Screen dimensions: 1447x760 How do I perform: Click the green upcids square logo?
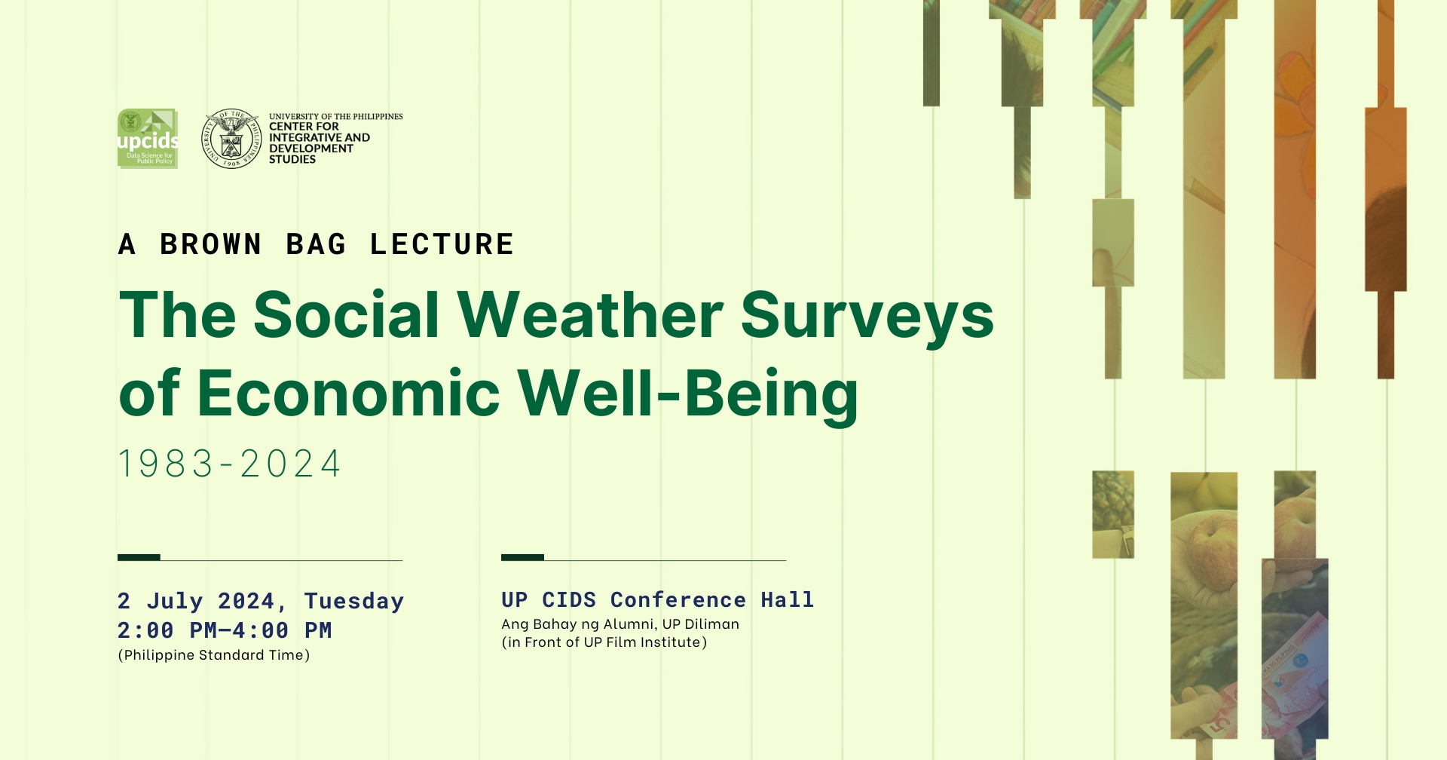pyautogui.click(x=148, y=138)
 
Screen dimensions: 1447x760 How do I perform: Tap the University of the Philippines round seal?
pyautogui.click(x=231, y=138)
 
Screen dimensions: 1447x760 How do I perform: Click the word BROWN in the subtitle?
pyautogui.click(x=211, y=244)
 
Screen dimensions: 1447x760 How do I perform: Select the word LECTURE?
pyautogui.click(x=442, y=244)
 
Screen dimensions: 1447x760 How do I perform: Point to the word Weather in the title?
pyautogui.click(x=590, y=314)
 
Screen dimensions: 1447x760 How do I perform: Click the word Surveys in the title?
pyautogui.click(x=867, y=318)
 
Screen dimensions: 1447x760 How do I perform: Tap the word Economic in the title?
pyautogui.click(x=348, y=393)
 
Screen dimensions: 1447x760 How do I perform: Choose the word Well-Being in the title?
pyautogui.click(x=688, y=395)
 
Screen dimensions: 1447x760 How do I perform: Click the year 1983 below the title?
pyautogui.click(x=166, y=464)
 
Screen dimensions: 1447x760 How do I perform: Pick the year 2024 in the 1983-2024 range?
pyautogui.click(x=291, y=464)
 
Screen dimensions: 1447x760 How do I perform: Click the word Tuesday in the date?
pyautogui.click(x=354, y=602)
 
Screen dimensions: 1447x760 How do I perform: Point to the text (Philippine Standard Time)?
pyautogui.click(x=214, y=655)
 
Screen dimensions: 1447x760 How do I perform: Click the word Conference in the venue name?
pyautogui.click(x=678, y=600)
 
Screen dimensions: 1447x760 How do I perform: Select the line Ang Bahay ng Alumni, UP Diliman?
pyautogui.click(x=620, y=624)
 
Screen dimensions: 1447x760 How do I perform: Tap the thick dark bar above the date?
pyautogui.click(x=139, y=557)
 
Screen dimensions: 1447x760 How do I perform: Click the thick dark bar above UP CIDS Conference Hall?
pyautogui.click(x=522, y=557)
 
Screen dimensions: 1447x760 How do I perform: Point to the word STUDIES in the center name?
pyautogui.click(x=292, y=159)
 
